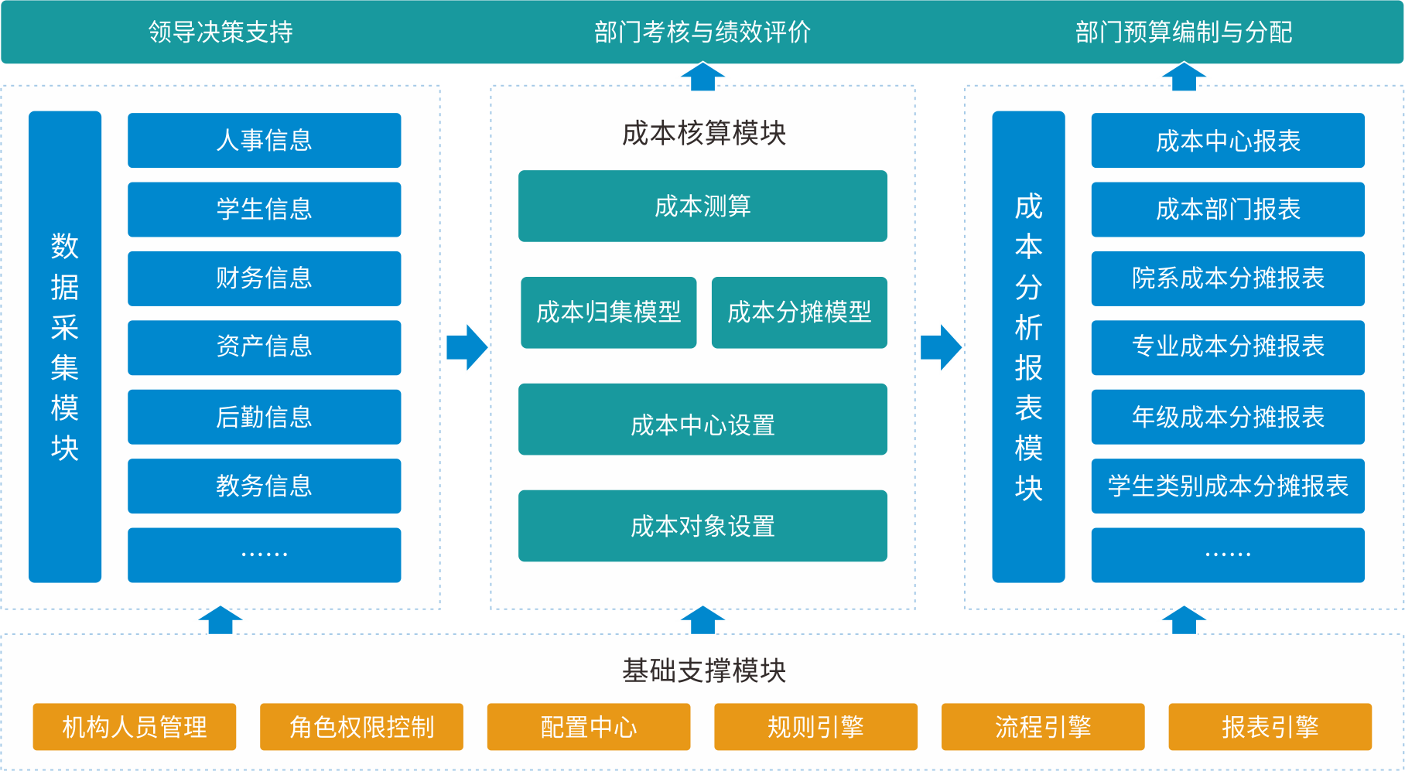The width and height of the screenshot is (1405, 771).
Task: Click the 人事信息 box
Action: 264,140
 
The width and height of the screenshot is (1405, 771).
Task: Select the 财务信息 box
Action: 264,278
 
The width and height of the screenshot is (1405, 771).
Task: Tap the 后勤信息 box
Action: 264,417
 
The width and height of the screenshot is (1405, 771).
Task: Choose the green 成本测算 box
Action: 702,206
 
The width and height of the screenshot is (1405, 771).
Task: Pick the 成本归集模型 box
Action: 609,312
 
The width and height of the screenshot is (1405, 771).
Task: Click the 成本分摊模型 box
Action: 799,312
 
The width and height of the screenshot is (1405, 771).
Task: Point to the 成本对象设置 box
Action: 702,526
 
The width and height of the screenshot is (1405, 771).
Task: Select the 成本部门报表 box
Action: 1228,210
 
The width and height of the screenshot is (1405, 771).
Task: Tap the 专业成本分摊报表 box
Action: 1228,347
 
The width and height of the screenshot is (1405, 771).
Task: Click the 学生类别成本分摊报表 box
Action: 1228,486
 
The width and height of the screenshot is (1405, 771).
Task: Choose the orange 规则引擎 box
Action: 815,727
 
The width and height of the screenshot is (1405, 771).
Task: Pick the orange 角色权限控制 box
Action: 361,727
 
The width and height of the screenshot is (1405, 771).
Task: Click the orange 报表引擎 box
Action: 1270,727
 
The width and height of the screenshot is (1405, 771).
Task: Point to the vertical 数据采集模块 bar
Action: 65,346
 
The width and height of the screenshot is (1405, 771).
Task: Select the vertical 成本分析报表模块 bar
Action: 1028,346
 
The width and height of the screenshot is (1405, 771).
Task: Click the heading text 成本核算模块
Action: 703,133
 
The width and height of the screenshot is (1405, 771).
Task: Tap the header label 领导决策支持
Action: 220,32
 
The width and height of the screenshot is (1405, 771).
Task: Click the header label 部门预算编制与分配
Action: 1184,32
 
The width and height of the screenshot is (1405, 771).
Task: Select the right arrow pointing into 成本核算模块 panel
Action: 467,347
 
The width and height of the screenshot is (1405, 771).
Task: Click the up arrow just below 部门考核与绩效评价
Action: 702,77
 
